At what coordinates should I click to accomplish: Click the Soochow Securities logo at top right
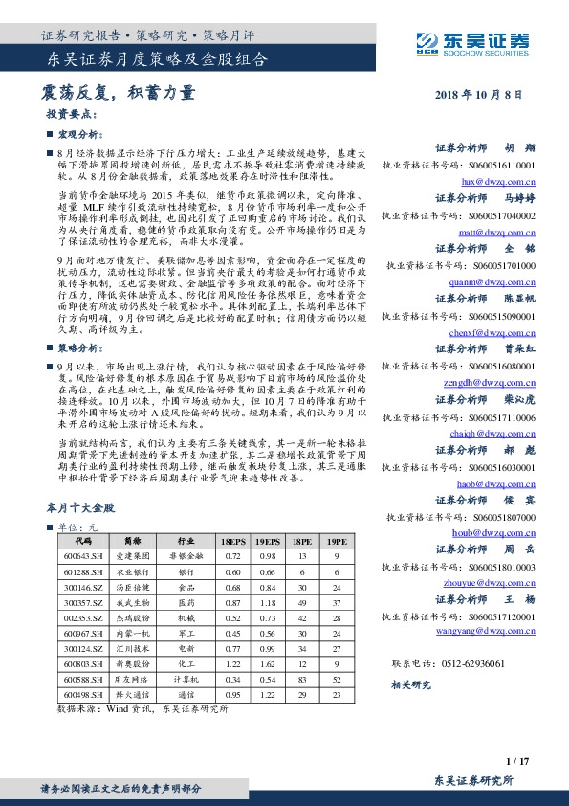pyautogui.click(x=471, y=41)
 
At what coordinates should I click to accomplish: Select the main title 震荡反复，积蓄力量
pyautogui.click(x=119, y=93)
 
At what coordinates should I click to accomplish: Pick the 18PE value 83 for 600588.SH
pyautogui.click(x=299, y=679)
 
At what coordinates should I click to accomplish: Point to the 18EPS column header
pyautogui.click(x=232, y=541)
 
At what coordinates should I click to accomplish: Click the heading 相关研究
pyautogui.click(x=412, y=685)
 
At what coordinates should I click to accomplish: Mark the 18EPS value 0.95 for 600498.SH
pyautogui.click(x=232, y=694)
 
